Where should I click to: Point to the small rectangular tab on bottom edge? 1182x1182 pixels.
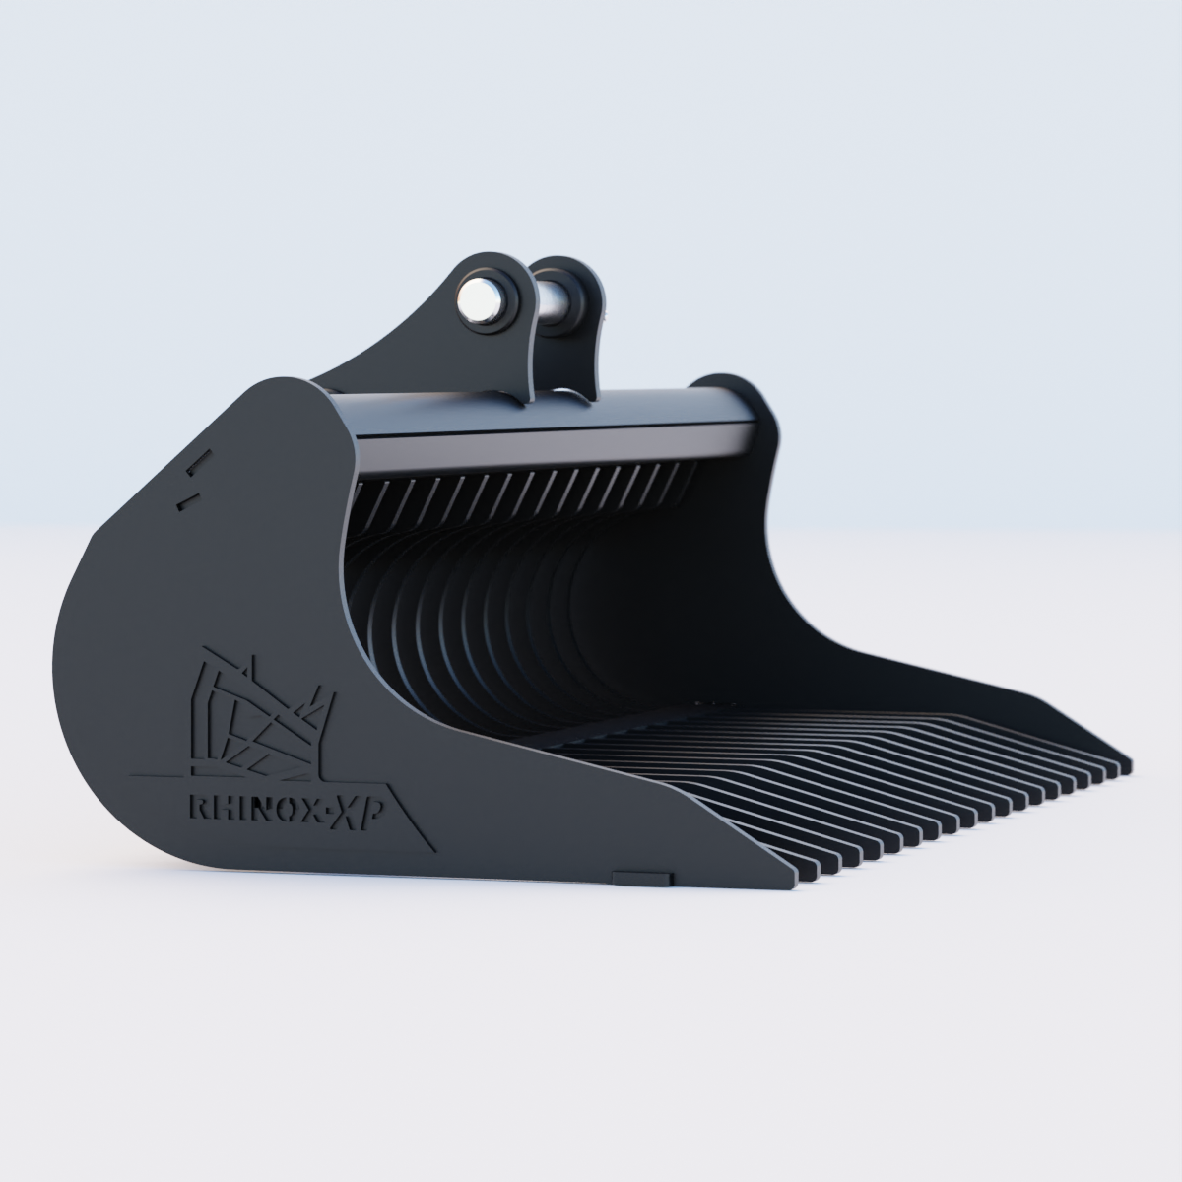[x=642, y=876]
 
